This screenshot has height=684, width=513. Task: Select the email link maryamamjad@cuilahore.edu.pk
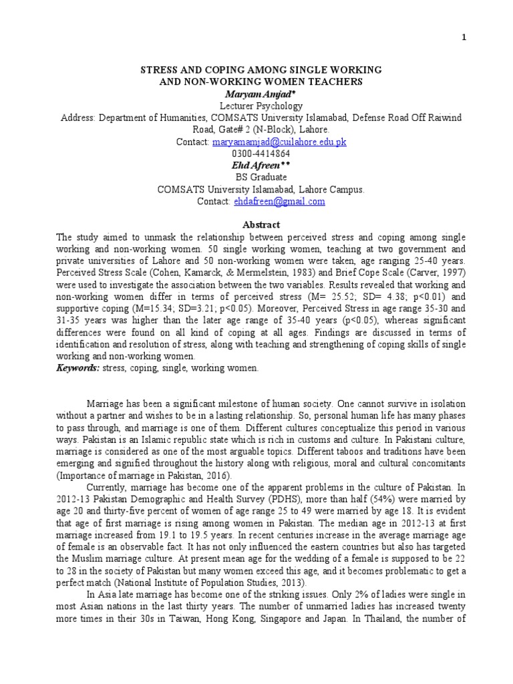click(x=279, y=142)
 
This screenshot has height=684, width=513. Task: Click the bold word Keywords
click(x=77, y=368)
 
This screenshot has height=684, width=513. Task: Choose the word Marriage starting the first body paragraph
click(x=107, y=405)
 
